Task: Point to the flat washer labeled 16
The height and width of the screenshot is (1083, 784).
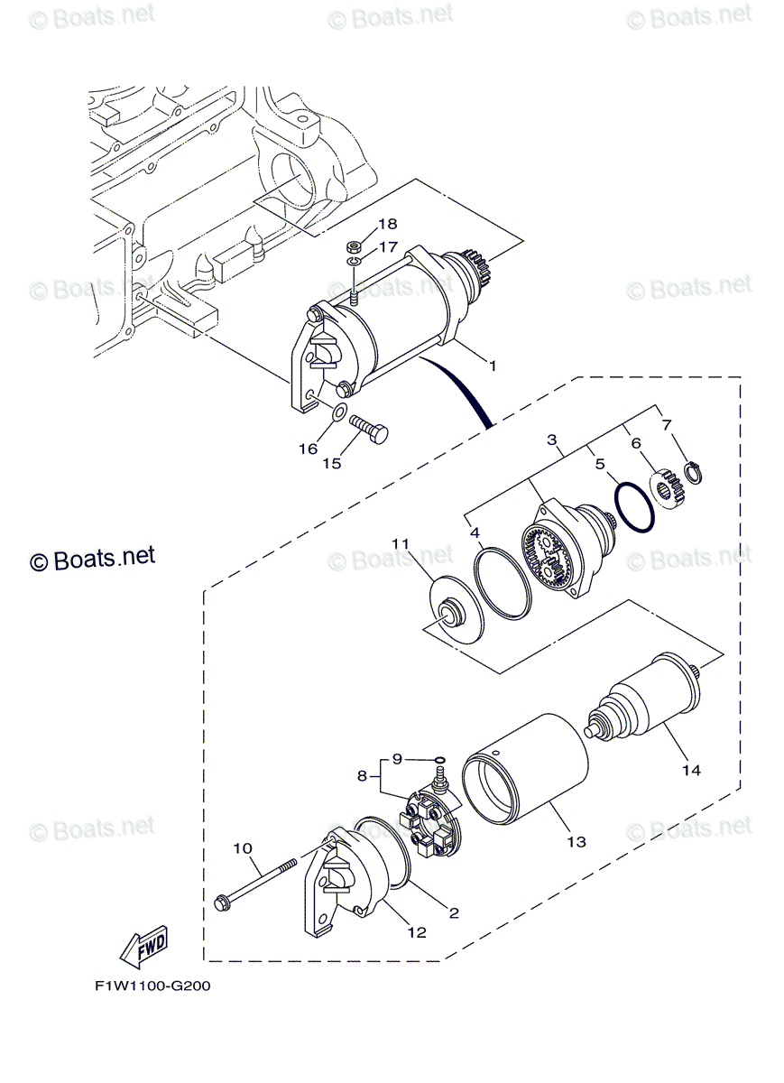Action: [x=339, y=413]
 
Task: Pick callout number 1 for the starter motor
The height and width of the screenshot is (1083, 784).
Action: [x=493, y=366]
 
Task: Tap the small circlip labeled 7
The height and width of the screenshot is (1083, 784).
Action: [x=695, y=471]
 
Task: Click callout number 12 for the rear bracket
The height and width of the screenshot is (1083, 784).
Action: [x=417, y=932]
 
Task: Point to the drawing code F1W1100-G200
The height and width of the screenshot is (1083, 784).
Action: [x=152, y=986]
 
